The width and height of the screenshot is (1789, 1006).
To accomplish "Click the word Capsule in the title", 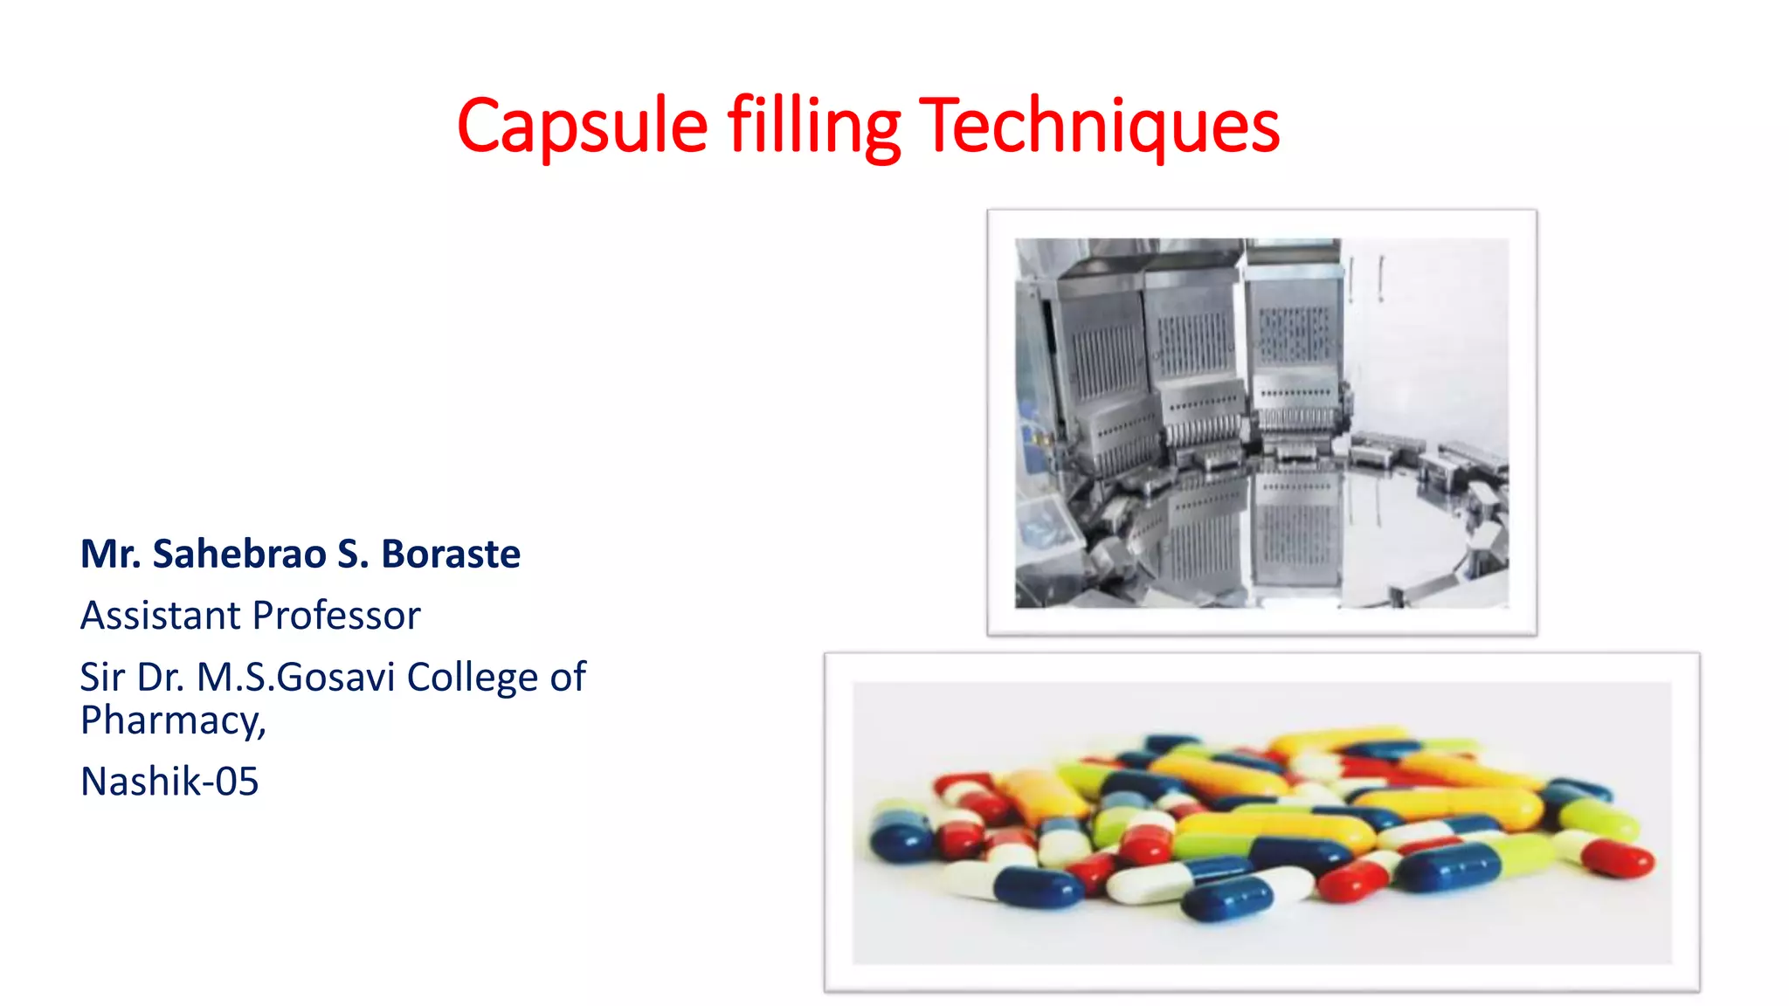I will pos(582,127).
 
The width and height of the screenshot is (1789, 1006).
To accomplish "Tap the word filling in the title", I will pos(813,127).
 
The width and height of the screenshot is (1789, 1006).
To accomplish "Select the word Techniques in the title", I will pos(1099,127).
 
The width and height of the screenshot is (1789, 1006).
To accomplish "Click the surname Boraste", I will pos(451,554).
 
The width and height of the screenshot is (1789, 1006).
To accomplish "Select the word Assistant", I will pos(160,616).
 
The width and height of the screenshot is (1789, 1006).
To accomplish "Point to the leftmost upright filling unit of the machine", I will pos(1102,367).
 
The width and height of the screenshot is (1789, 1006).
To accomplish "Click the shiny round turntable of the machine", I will pos(1363,524).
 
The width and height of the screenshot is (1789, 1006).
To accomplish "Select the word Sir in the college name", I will pos(101,677).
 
